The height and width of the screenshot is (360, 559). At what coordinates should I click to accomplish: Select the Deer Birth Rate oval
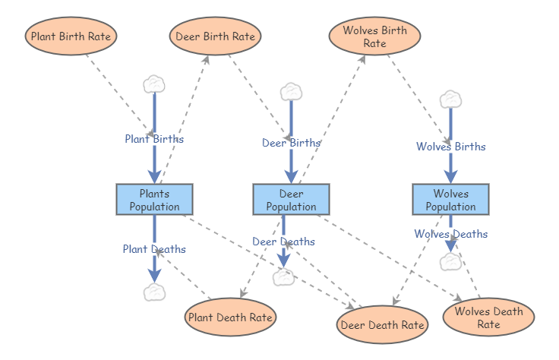coord(215,36)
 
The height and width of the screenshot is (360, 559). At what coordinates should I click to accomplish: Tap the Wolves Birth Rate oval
coord(374,36)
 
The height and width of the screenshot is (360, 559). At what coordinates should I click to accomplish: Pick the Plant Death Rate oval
coord(230,317)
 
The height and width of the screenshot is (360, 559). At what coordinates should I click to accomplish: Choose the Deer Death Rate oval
coord(382,325)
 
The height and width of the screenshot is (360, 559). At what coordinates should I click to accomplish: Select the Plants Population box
coord(154,200)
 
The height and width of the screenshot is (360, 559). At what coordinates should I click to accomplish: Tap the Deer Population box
coord(291,200)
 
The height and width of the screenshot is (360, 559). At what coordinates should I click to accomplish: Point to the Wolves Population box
coord(450,200)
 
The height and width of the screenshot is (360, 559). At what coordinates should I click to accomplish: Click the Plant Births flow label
coord(154,139)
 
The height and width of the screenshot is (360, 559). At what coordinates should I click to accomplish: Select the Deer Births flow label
coord(291,142)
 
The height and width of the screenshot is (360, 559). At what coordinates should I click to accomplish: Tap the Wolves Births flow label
coord(450,147)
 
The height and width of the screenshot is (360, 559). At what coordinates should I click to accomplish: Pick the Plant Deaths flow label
coord(154,248)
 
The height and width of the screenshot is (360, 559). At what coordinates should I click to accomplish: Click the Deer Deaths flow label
coord(283,242)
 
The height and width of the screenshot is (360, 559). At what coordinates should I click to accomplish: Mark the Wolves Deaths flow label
coord(450,234)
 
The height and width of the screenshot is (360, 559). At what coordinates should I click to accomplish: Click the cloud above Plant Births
coord(154,83)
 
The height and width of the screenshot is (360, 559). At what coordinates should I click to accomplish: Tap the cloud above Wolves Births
coord(450,99)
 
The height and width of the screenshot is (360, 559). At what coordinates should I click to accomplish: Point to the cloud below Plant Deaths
coord(154,292)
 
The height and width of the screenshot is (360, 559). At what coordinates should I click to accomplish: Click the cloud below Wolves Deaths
coord(450,262)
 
